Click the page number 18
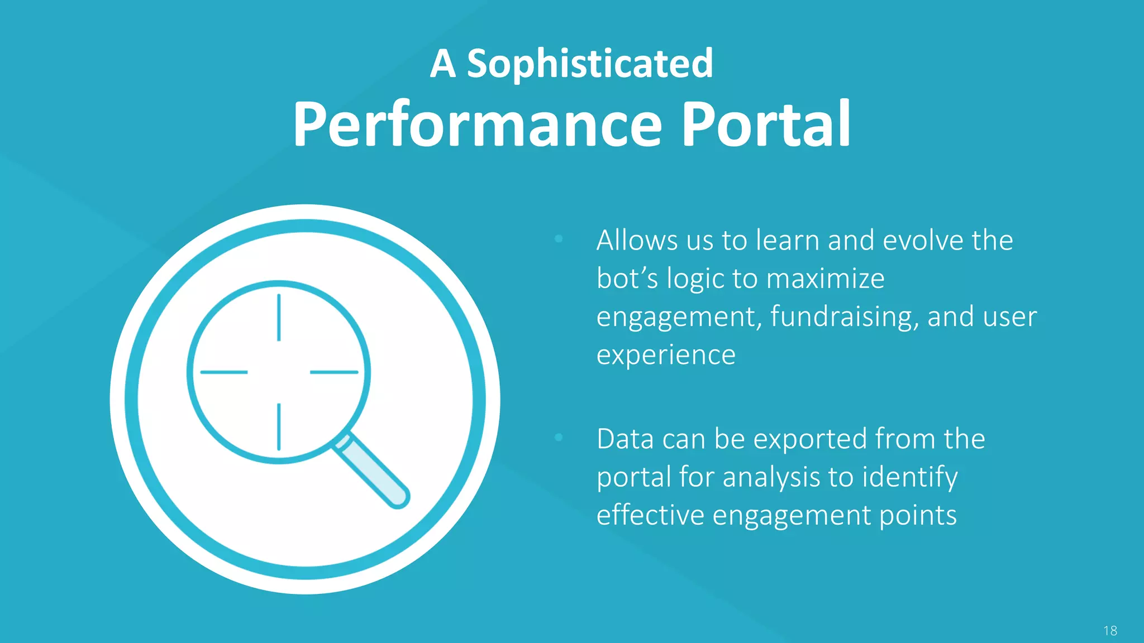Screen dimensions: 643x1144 (1110, 631)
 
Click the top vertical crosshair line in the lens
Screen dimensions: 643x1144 (279, 317)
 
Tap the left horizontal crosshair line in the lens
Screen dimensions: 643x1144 (224, 372)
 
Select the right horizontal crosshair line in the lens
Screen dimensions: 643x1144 (334, 372)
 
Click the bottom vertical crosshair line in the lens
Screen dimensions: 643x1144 (279, 426)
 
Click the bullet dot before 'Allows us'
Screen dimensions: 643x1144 (559, 239)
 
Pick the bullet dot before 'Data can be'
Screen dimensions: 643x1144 (559, 438)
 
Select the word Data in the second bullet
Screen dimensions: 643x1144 (625, 439)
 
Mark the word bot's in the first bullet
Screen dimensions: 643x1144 (627, 279)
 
